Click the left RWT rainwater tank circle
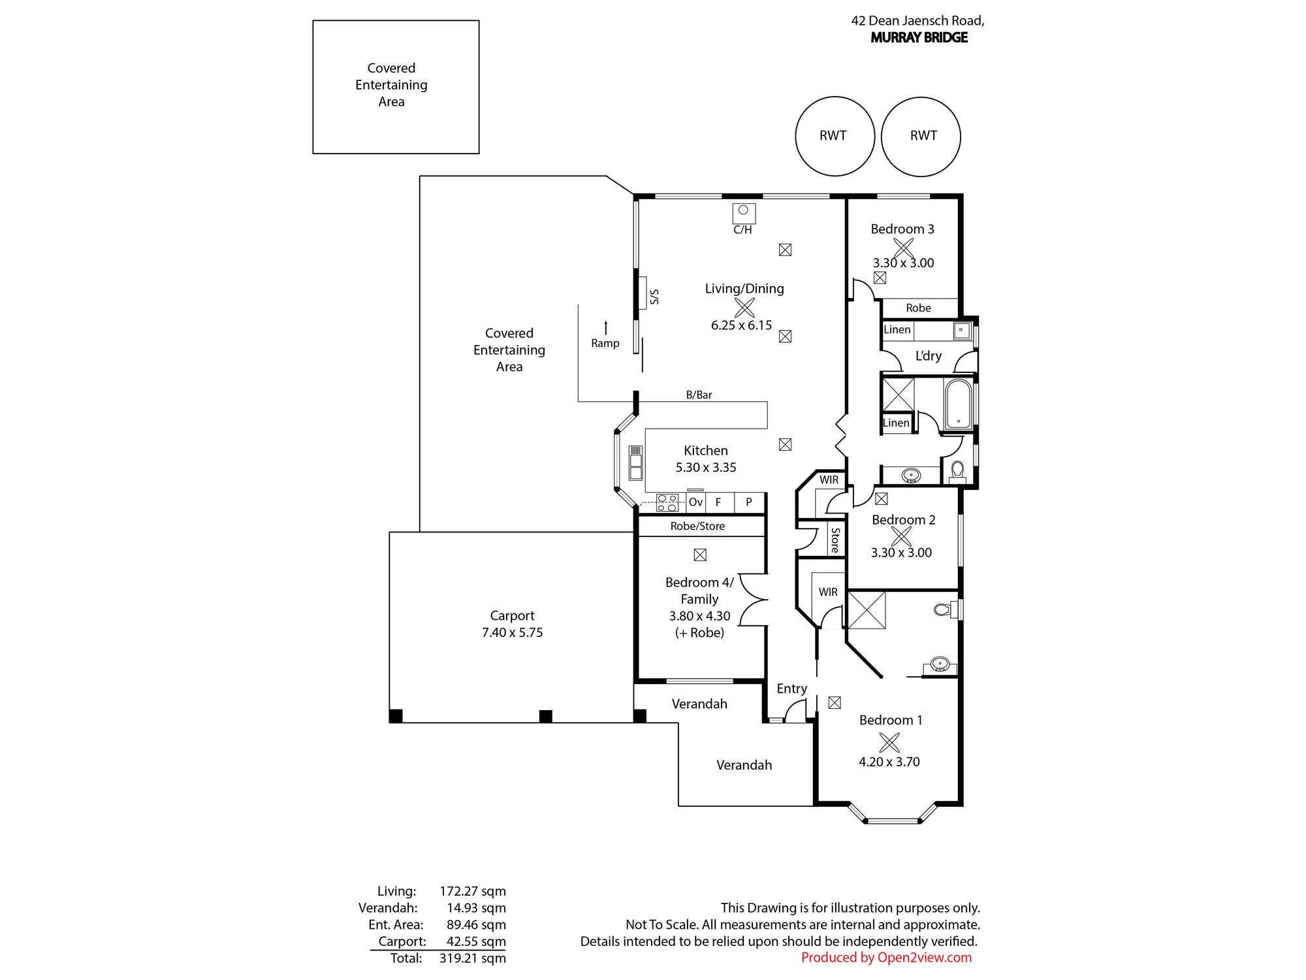796,136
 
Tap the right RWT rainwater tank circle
882,136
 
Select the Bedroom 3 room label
902,229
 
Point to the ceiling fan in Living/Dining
744,307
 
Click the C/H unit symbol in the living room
743,214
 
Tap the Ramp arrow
606,327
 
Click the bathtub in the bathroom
957,404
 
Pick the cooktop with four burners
667,502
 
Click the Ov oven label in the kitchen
695,502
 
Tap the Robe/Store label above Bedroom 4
697,526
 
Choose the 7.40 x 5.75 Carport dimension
513,632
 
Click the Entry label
791,689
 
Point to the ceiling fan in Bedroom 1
889,742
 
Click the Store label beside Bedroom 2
835,540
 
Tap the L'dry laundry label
928,356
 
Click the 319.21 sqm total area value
473,958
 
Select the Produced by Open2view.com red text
886,958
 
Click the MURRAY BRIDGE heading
919,37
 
